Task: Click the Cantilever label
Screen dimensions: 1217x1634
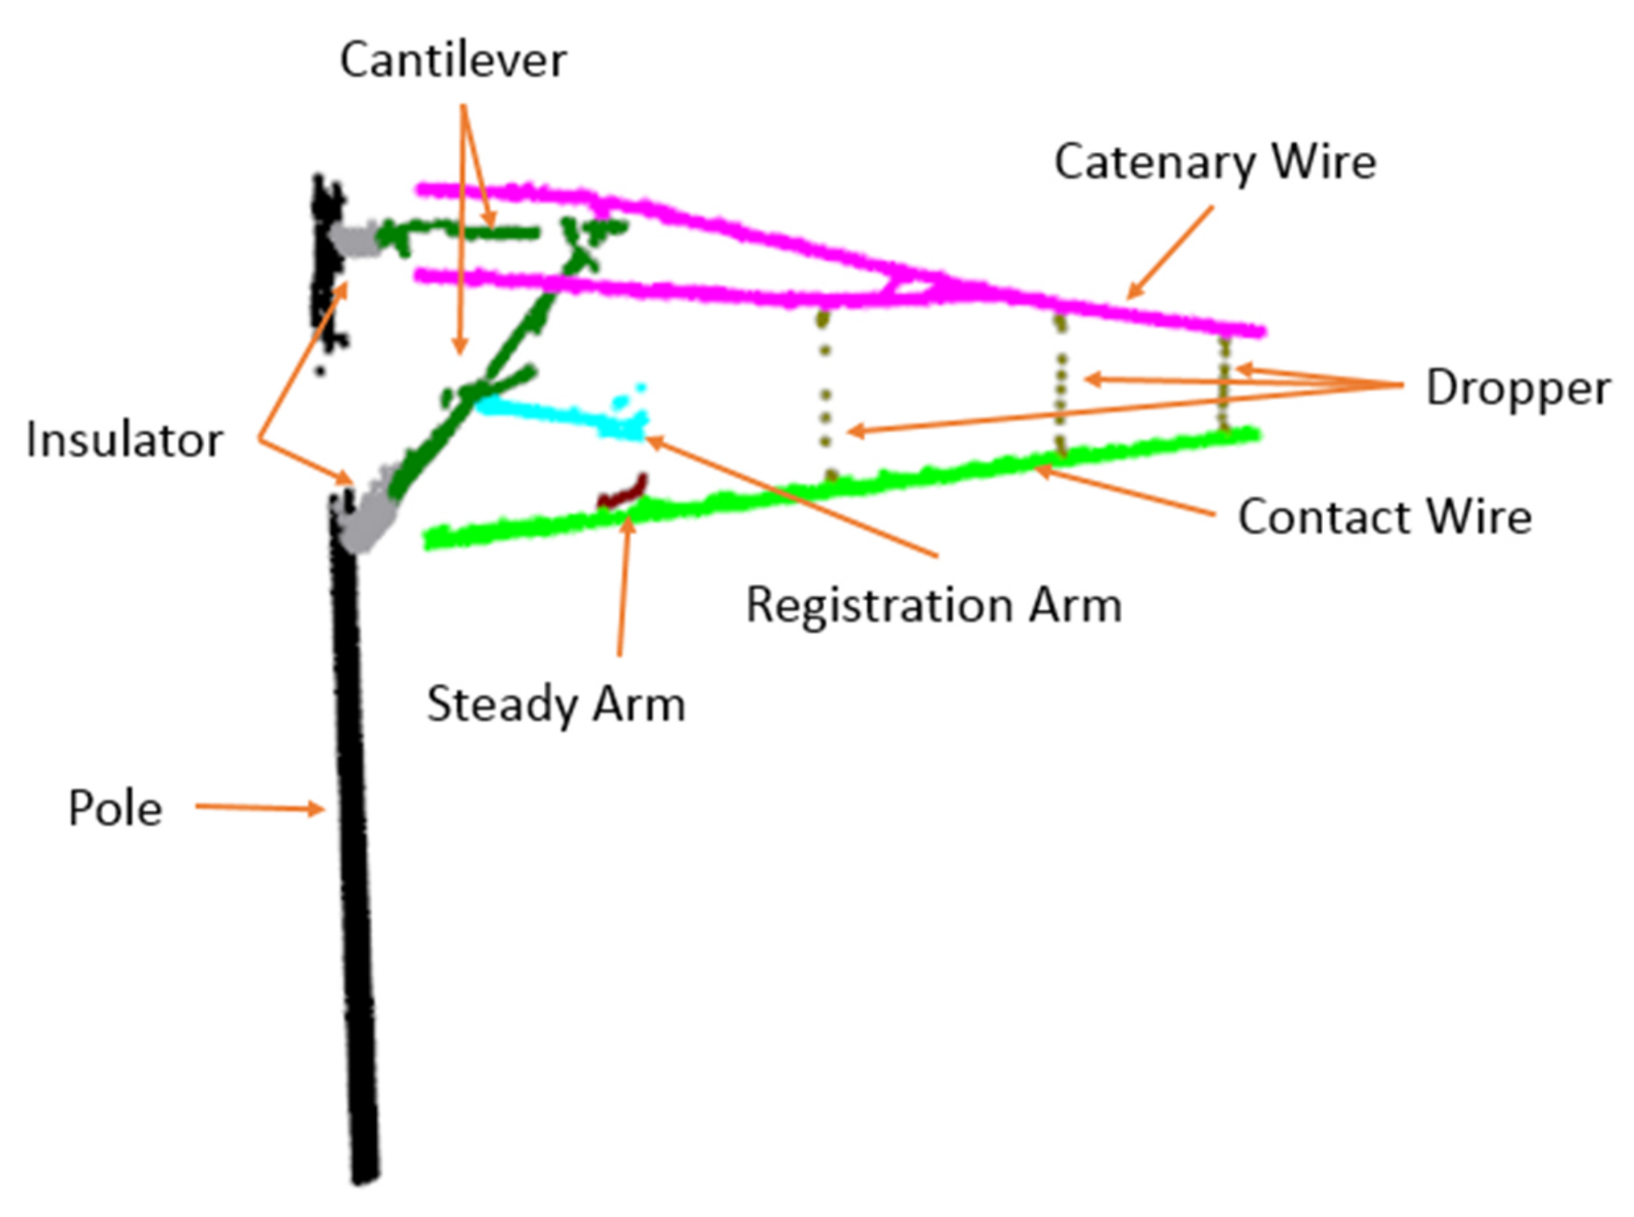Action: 453,60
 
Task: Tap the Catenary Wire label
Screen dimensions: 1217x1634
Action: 1214,162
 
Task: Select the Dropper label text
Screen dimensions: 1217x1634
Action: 1517,387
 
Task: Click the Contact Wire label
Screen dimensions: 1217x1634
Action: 1384,517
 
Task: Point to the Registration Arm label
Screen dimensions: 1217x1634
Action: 933,605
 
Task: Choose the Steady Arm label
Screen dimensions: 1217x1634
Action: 555,705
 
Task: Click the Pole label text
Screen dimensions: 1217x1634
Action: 115,808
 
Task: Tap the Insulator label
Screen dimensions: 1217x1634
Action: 124,440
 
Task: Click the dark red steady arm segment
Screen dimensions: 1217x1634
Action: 622,493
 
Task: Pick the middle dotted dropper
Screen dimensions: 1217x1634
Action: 1060,385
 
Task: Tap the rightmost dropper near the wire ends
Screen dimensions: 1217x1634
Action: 1224,385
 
